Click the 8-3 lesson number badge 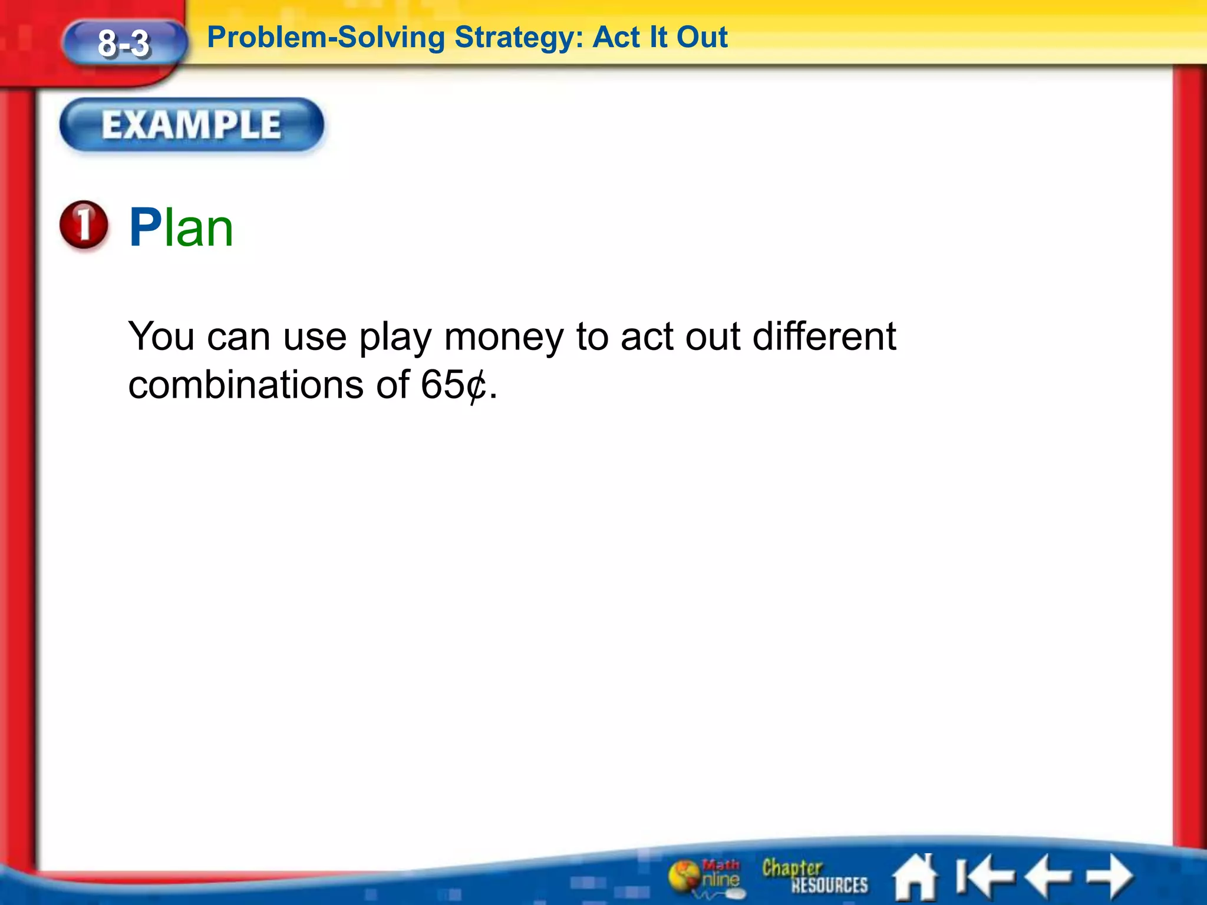tap(124, 44)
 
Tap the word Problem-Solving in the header tap(326, 38)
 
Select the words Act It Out tap(660, 38)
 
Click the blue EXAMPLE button tap(192, 125)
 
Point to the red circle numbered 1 tap(84, 225)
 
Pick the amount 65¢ tap(454, 385)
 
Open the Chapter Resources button tap(814, 876)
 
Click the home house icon tap(915, 877)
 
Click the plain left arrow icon tap(1048, 876)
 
